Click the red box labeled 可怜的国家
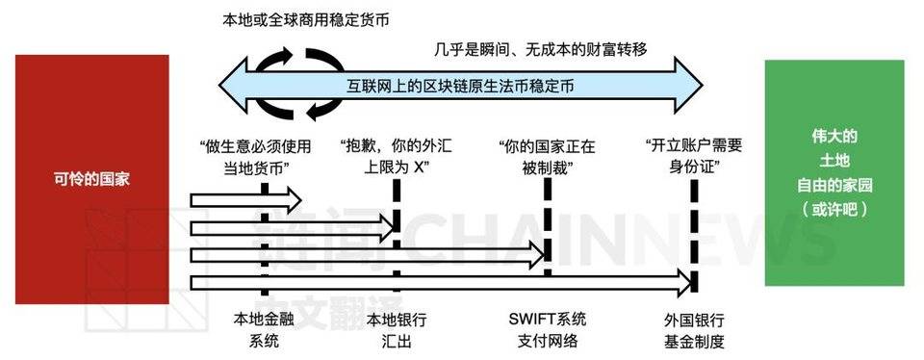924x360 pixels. tap(91, 179)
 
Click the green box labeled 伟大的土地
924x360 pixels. tap(834, 172)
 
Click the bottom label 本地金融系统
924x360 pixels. tap(262, 328)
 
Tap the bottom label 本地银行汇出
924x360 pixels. tap(398, 328)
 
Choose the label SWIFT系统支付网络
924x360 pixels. tap(547, 328)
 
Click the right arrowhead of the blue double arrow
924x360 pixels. tap(707, 85)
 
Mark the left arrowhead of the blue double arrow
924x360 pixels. tap(219, 85)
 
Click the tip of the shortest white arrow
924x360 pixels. tap(300, 200)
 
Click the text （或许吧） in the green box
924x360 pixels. tap(834, 207)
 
